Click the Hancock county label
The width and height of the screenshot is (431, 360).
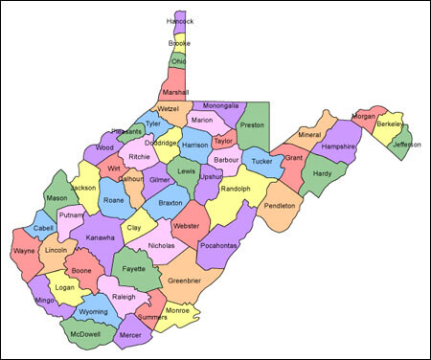coord(179,20)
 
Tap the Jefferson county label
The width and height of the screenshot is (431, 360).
coord(407,145)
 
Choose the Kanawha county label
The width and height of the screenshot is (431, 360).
coord(100,237)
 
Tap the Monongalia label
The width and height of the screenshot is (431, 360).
coord(228,105)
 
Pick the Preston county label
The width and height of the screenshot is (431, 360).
coord(251,124)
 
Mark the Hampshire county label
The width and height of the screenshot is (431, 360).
coord(338,146)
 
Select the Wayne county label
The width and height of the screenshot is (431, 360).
coord(23,252)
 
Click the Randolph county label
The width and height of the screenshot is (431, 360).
coord(235,189)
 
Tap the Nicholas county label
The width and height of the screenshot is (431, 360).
coord(162,246)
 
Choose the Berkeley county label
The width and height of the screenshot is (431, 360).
coord(389,124)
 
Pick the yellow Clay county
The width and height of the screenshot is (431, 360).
coord(135,227)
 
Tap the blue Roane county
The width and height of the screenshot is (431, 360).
coord(114,199)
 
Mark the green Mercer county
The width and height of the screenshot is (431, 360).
coord(129,335)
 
